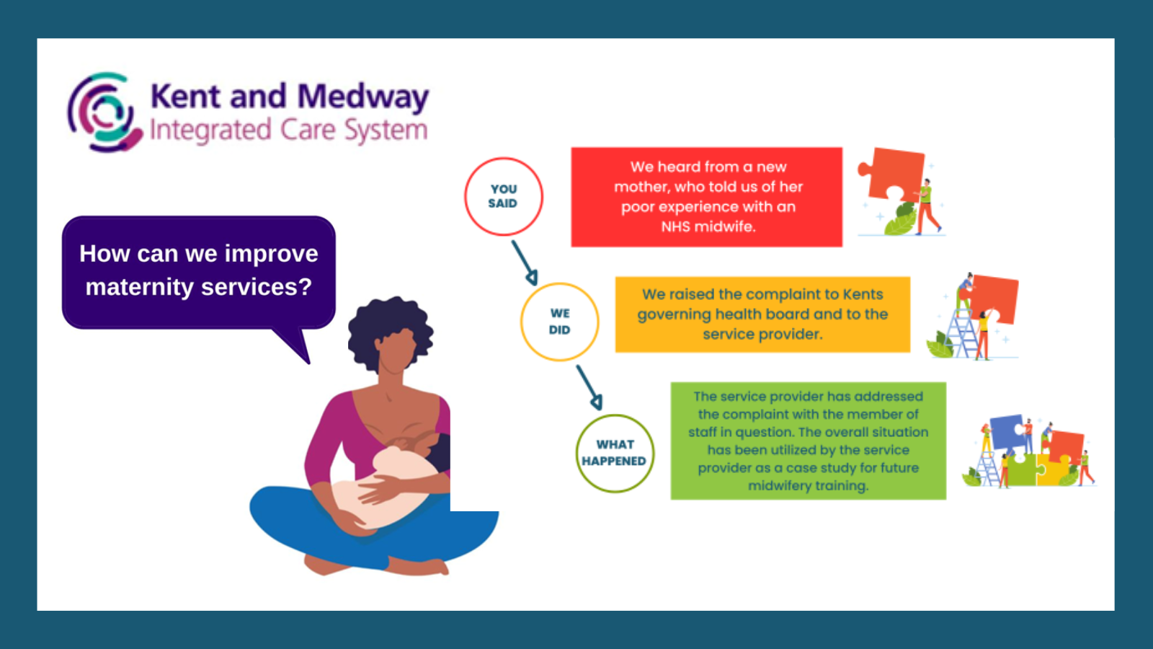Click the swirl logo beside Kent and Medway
tap(105, 112)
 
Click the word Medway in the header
tap(363, 97)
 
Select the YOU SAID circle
tap(504, 196)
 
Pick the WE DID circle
tap(559, 322)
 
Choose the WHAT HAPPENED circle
tap(615, 454)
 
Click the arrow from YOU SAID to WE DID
tap(525, 262)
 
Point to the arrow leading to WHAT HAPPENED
tap(589, 388)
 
